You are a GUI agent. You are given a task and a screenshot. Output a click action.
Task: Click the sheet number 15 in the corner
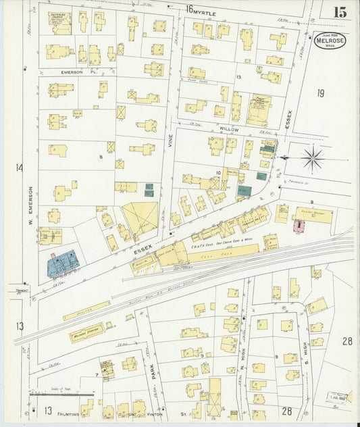coord(339,11)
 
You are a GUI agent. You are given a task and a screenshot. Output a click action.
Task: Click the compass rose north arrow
coord(311,159)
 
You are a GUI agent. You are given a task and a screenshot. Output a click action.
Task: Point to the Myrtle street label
coord(203,11)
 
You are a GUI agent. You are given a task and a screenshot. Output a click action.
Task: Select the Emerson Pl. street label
coord(76,71)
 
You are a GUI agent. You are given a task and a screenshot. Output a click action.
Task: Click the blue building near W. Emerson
coord(62,263)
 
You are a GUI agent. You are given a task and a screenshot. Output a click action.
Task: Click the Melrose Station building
coord(86,332)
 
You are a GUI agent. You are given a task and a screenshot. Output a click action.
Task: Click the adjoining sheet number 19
coord(321,93)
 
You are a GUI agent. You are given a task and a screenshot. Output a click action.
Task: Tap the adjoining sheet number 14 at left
coord(19,168)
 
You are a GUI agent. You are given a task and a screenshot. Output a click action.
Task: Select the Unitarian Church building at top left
coord(59,22)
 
